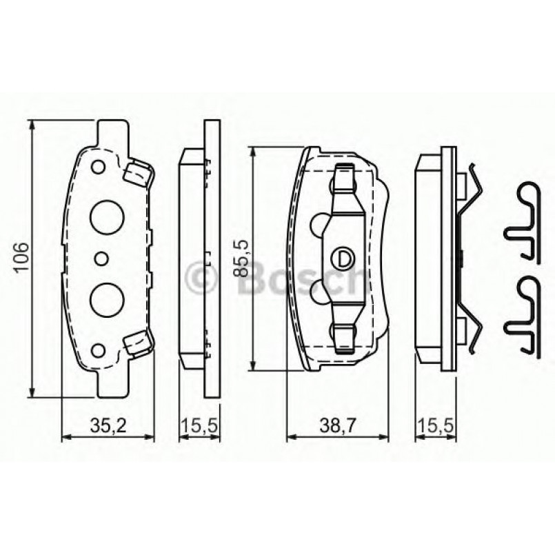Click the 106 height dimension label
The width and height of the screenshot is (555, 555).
[x=21, y=259]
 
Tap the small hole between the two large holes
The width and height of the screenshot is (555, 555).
[x=101, y=259]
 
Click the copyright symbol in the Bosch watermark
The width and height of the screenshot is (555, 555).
[x=199, y=278]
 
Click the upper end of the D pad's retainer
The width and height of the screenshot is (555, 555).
[x=343, y=181]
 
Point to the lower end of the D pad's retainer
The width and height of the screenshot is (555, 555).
[x=343, y=336]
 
